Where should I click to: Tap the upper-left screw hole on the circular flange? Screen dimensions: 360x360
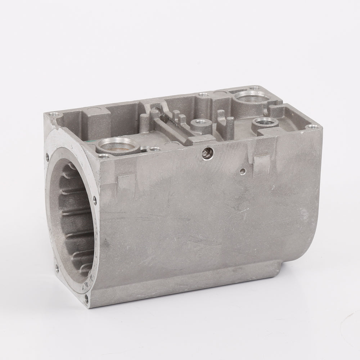(x=47, y=156)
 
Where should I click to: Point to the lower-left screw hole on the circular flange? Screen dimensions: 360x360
(x=57, y=267)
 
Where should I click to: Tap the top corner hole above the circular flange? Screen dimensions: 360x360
(x=53, y=116)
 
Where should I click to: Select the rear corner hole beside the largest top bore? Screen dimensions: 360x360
(x=256, y=87)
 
